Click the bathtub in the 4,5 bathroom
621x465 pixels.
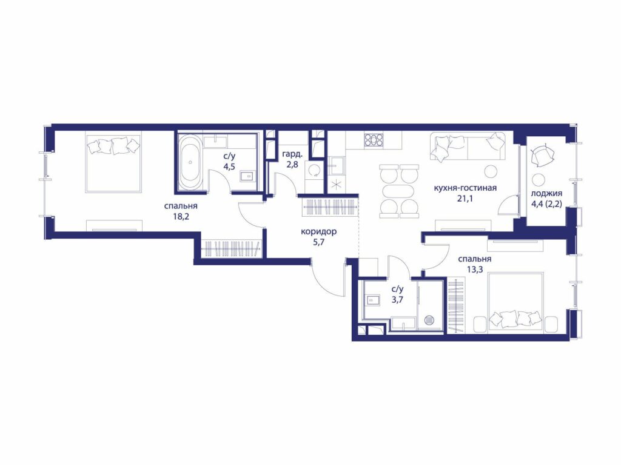[190, 162]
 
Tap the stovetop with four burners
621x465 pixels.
[374, 139]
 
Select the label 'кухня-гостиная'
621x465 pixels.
[465, 188]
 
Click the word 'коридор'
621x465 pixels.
[318, 232]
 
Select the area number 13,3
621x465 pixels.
[474, 269]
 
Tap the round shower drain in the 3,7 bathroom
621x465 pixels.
[430, 320]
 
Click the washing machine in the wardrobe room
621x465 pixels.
[315, 170]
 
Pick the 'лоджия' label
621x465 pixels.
[546, 194]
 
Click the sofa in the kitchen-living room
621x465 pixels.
[468, 147]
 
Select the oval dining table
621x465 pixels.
[398, 191]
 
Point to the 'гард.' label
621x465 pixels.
[293, 154]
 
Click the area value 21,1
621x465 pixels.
[465, 199]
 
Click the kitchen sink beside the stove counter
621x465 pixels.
[337, 166]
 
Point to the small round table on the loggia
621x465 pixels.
[539, 179]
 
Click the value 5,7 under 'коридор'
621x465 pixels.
[318, 242]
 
